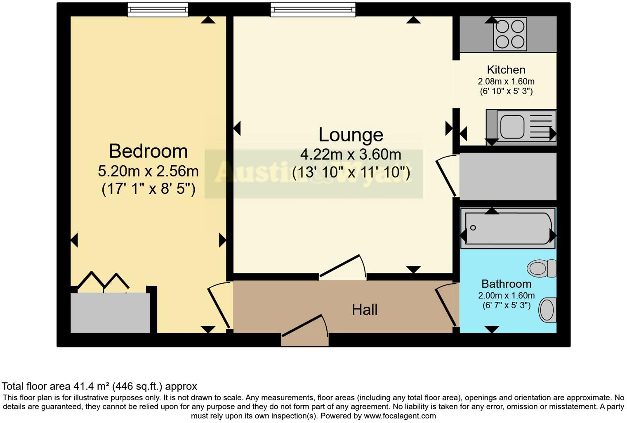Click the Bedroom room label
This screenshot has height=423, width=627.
click(x=148, y=151)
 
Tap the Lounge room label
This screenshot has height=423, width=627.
click(x=351, y=135)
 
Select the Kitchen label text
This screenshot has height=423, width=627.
click(x=506, y=70)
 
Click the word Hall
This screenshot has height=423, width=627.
click(x=365, y=310)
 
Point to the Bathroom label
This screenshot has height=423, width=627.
click(x=506, y=284)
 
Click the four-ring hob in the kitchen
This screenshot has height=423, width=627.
click(x=510, y=34)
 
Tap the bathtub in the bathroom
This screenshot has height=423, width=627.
click(x=508, y=228)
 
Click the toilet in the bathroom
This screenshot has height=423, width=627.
click(x=542, y=268)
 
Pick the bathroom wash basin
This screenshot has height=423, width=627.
click(x=547, y=310)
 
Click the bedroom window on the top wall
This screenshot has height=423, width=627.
click(x=158, y=9)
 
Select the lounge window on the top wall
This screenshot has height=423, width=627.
click(x=313, y=9)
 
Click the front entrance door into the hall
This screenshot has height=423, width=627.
click(x=305, y=330)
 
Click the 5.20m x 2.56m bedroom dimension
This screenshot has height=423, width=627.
click(x=148, y=171)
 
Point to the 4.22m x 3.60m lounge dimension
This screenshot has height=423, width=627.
click(x=351, y=155)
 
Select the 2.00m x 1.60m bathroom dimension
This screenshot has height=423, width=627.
click(x=506, y=296)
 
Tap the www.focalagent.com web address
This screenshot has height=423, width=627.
click(x=399, y=416)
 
